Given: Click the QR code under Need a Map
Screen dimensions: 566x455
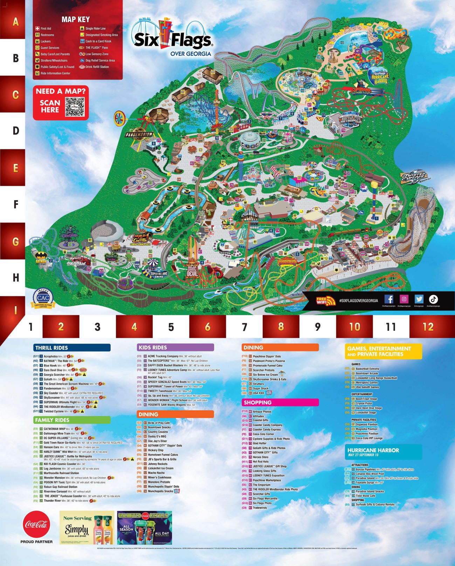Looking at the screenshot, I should pos(75,107).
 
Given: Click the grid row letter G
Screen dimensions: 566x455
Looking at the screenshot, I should pos(15,241).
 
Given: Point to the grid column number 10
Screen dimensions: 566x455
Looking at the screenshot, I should pos(354,327).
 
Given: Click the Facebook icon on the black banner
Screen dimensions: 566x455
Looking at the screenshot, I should pos(389,299).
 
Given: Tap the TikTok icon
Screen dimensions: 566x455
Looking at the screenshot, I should pos(434,299).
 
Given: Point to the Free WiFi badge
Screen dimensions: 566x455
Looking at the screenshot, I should pos(325,301).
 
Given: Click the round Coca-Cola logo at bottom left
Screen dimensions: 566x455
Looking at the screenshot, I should pos(36,524).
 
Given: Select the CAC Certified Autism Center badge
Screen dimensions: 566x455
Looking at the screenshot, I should pos(43,298).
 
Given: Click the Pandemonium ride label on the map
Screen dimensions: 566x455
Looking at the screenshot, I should pos(139,134).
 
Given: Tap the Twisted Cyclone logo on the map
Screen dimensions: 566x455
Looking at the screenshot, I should pos(414,177).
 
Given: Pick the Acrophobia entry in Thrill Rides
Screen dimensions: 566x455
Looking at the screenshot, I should pos(50,356).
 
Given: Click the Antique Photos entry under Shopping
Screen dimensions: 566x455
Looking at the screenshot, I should pos(262,412).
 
